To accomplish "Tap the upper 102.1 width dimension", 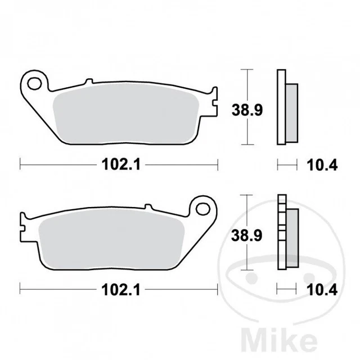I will [x=119, y=164].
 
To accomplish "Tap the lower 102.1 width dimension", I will [x=119, y=290].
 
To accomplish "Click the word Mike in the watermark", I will [x=314, y=340].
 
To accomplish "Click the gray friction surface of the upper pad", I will [x=124, y=115].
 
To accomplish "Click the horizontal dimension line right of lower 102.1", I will [x=180, y=290].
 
